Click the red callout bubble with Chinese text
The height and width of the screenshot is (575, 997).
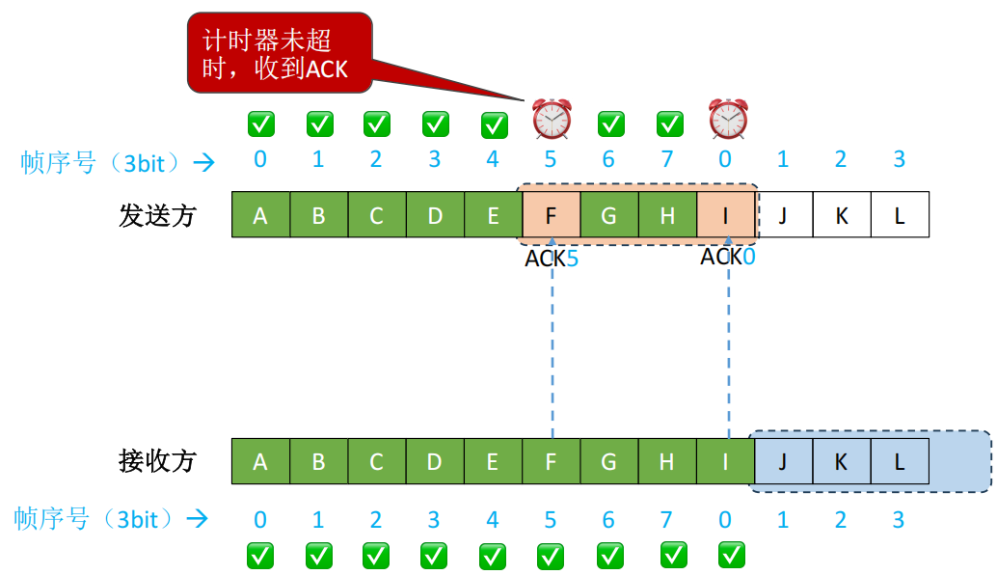coord(279,52)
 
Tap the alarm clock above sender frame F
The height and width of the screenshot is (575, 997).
coord(552,120)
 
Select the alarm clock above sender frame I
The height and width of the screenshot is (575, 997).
coord(728,120)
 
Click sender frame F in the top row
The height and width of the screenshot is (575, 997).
coord(551,215)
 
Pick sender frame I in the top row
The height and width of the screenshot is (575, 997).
coord(725,215)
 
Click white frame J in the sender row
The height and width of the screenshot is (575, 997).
coord(783,215)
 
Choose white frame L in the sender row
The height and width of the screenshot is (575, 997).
coord(900,215)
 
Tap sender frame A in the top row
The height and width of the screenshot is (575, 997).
coord(260,215)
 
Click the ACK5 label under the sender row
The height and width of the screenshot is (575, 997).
coord(552,259)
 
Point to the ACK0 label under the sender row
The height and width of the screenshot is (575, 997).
coord(728,257)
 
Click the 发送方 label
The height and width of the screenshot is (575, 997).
coord(158,215)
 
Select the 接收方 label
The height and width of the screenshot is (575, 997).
coord(158,461)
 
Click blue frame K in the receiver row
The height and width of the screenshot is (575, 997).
coord(841,461)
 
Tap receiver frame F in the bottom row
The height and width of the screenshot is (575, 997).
coord(551,461)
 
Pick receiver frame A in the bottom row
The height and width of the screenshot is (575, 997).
coord(260,461)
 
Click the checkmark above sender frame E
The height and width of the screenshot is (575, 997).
coord(494,124)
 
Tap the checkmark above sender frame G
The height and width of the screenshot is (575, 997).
coord(610,123)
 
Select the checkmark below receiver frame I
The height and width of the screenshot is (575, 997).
coord(732,555)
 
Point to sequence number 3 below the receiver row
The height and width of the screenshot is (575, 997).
coord(899,521)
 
